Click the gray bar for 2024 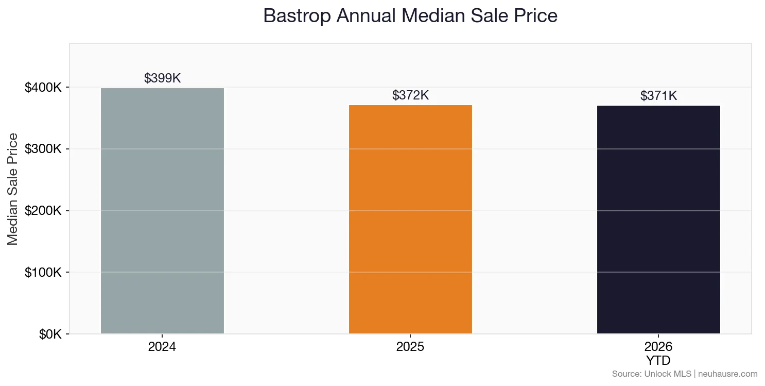162,211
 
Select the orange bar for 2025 410,219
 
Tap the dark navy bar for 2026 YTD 658,220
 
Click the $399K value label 162,78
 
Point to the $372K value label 410,95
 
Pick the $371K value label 658,96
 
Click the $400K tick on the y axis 43,88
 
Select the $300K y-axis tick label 43,149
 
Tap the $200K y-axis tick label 43,211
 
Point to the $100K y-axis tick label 43,272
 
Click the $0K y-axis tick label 50,334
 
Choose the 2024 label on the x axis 162,347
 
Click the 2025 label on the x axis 410,347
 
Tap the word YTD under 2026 658,360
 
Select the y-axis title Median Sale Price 13,189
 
